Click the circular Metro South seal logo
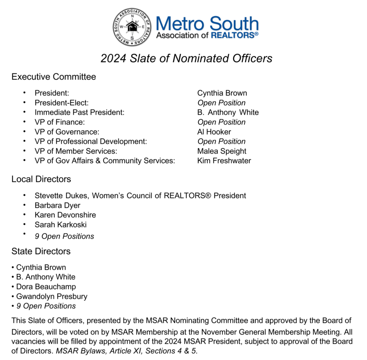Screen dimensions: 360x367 coord(132,27)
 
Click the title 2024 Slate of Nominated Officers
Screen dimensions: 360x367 coord(186,59)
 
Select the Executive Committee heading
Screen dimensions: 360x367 coord(53,77)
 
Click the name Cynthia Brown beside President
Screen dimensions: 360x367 coord(222,93)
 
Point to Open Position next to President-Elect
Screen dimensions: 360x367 coord(221,103)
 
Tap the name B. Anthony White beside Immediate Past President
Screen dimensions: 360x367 coord(228,112)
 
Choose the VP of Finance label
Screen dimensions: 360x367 coord(59,122)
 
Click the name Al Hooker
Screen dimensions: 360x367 coord(214,132)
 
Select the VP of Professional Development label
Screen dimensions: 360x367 coord(91,142)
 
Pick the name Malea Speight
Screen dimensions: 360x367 coord(221,151)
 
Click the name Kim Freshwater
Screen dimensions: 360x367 coord(224,161)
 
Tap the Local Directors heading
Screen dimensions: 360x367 coord(41,179)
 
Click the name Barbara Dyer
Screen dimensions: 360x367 coord(57,205)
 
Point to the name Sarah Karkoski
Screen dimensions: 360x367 coord(61,224)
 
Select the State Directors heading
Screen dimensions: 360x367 coord(41,251)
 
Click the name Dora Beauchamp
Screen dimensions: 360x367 coord(46,287)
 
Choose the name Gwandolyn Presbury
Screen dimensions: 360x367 coord(51,296)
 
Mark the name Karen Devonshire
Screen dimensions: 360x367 coord(65,215)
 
